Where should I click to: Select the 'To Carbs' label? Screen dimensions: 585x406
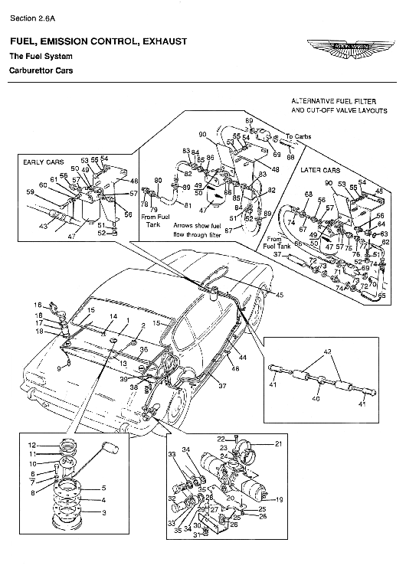click(296, 137)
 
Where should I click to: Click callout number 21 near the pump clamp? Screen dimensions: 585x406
click(278, 443)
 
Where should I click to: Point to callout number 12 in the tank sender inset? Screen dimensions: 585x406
click(32, 445)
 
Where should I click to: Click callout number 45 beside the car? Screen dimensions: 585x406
click(280, 295)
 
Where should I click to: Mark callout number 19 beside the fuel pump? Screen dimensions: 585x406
click(280, 499)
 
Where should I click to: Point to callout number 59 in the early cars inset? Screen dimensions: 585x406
click(31, 192)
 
